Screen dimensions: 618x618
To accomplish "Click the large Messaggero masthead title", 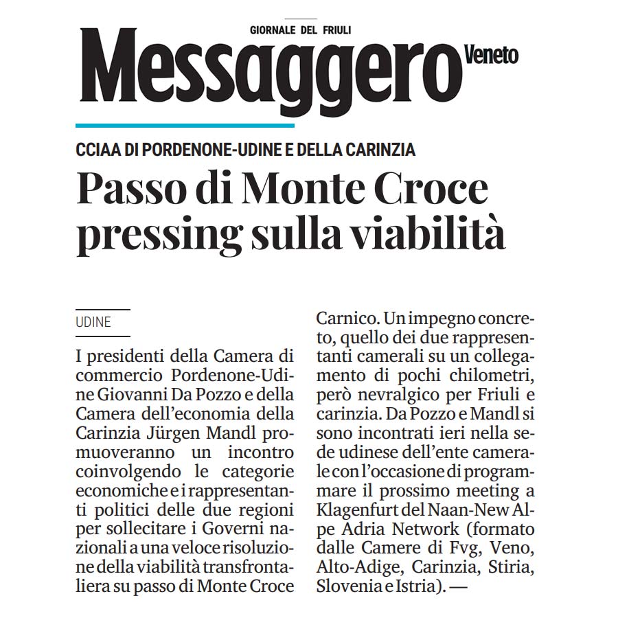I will (x=268, y=72).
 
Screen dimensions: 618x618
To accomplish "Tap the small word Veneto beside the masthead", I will (x=492, y=54).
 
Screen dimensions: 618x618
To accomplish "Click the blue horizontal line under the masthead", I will (x=185, y=125).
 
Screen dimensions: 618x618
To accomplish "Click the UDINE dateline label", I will (x=93, y=322).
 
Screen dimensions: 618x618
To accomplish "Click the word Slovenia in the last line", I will (x=349, y=587).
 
